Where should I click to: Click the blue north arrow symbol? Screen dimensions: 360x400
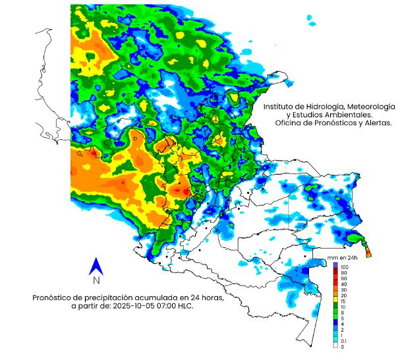point(96,266)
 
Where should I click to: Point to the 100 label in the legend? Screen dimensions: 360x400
point(344,266)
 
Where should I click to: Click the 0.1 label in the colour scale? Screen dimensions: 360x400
point(344,340)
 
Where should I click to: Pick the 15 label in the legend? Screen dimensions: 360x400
point(343,301)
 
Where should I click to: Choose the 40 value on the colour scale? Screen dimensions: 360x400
point(343,284)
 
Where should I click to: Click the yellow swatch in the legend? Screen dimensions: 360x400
point(335,301)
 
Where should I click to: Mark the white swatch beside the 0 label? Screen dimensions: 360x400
point(335,346)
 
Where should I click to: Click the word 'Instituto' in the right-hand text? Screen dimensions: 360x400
point(281,106)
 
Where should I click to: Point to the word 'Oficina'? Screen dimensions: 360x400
point(289,123)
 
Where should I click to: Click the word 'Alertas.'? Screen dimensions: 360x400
point(377,123)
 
